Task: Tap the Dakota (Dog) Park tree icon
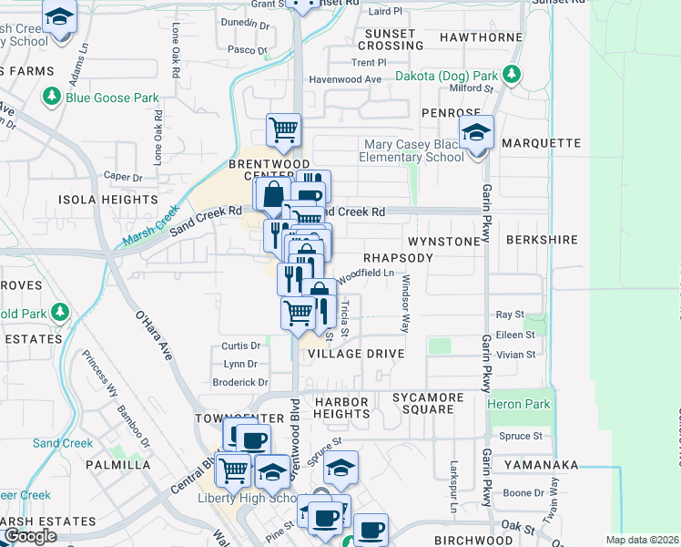pyautogui.click(x=513, y=75)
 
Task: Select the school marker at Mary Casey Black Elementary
pyautogui.click(x=476, y=133)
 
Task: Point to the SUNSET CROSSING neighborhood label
pyautogui.click(x=391, y=39)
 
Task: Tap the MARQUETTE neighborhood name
pyautogui.click(x=541, y=143)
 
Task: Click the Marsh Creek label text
pyautogui.click(x=149, y=232)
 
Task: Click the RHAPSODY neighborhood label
pyautogui.click(x=399, y=258)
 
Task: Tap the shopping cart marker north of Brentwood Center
pyautogui.click(x=283, y=130)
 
